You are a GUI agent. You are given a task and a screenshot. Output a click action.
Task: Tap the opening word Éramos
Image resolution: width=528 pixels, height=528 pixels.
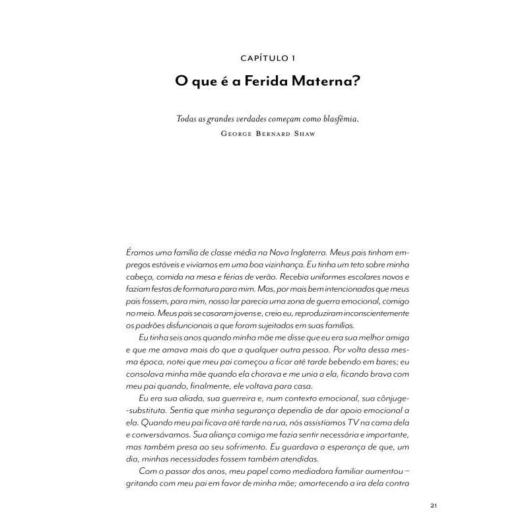[139, 252]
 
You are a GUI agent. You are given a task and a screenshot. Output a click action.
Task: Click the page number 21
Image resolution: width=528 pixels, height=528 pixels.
[434, 506]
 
